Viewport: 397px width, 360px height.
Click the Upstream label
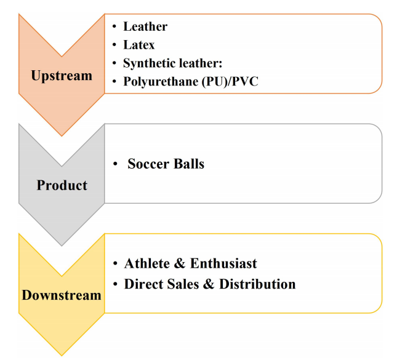[x=62, y=76]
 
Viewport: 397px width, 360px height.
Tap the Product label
[x=62, y=185]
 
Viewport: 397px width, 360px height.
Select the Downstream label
[x=62, y=295]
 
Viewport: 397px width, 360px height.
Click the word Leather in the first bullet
[x=145, y=26]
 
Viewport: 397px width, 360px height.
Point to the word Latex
[x=139, y=45]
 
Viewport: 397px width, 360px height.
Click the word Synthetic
[x=150, y=63]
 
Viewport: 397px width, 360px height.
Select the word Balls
[x=187, y=164]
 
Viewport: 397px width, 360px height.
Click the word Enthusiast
[x=223, y=263]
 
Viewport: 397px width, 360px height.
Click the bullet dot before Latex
[x=116, y=46]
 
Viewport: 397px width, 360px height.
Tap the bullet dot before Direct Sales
[x=116, y=285]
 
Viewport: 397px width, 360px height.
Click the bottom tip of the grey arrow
[x=62, y=245]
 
